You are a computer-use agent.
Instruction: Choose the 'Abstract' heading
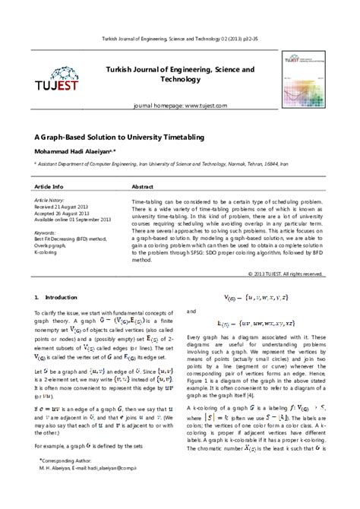[x=144, y=186]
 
